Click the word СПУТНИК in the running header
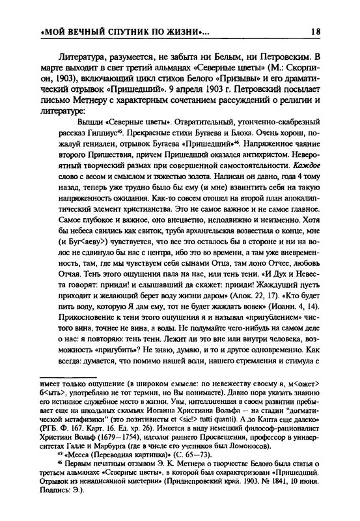tap(122, 31)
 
